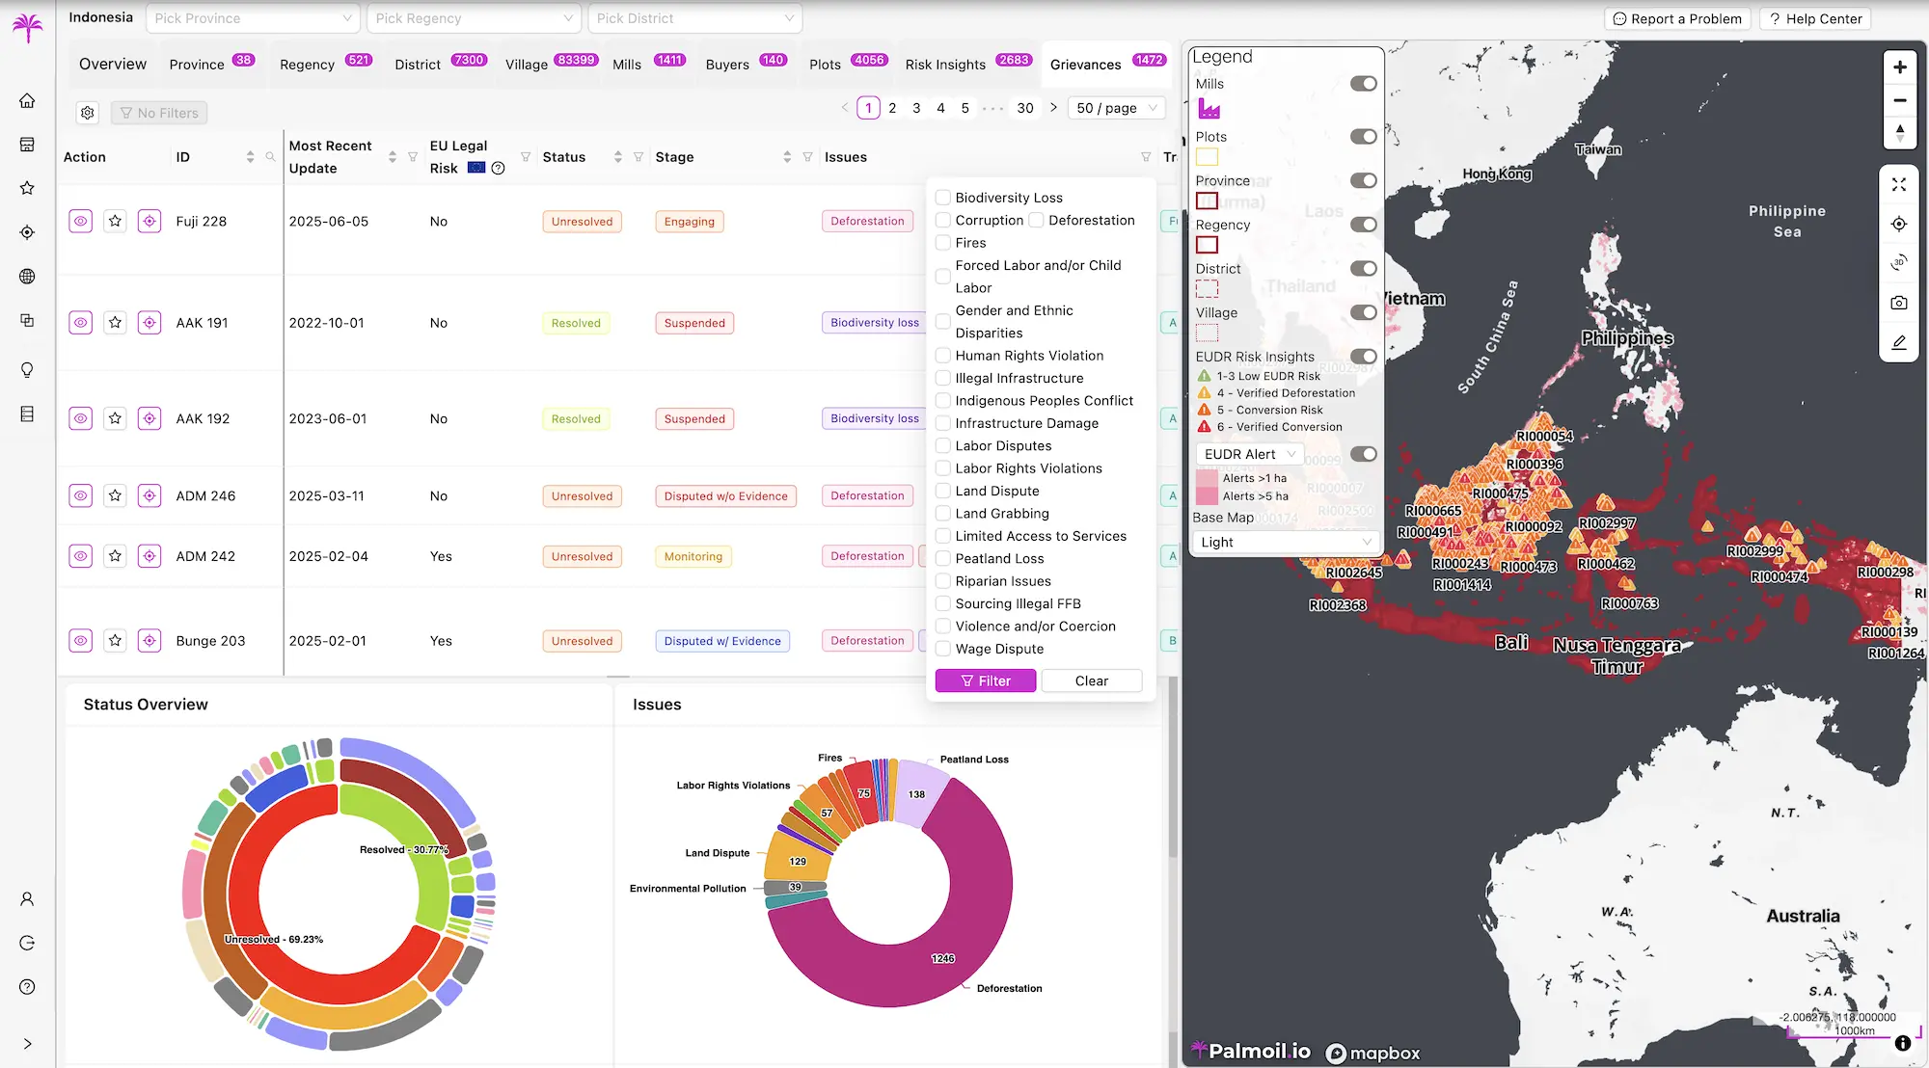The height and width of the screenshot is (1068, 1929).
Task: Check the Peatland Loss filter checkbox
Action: (943, 559)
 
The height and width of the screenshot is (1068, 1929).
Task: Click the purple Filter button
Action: (985, 681)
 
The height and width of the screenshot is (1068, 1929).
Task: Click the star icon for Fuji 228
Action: (115, 222)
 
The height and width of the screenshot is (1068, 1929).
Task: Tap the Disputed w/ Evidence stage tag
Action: (721, 641)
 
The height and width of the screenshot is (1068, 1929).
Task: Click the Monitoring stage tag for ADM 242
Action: (693, 556)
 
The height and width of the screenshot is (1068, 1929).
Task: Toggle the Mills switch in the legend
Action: (1363, 84)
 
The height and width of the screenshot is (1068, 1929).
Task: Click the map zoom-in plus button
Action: (1899, 67)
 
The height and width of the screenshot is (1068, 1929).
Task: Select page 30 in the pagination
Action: (1024, 108)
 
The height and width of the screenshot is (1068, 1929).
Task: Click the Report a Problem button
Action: (1676, 18)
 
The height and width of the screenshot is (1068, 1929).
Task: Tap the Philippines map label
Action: (1626, 338)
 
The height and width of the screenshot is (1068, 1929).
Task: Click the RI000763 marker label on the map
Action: (1629, 603)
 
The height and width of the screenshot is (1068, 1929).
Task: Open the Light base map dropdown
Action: (1285, 543)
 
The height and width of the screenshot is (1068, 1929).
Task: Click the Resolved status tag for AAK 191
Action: (575, 323)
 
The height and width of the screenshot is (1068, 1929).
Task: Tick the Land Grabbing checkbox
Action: (943, 514)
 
